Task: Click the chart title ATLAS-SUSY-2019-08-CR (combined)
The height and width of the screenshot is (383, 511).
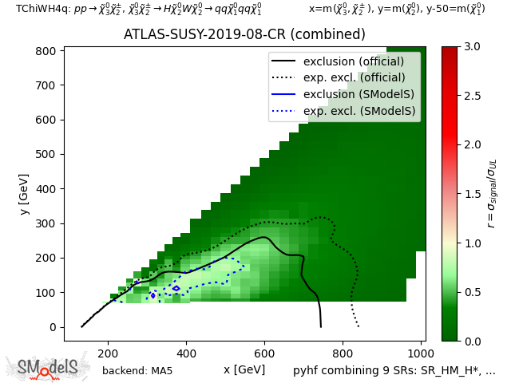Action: tap(244, 35)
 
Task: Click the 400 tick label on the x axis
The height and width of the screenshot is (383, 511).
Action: tap(186, 353)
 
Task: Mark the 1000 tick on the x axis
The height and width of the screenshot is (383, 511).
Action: tap(421, 353)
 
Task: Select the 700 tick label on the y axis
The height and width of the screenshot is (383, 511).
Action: tap(46, 85)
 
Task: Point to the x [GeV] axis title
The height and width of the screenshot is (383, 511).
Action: tap(244, 369)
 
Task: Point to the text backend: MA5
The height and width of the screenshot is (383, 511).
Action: tap(137, 371)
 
